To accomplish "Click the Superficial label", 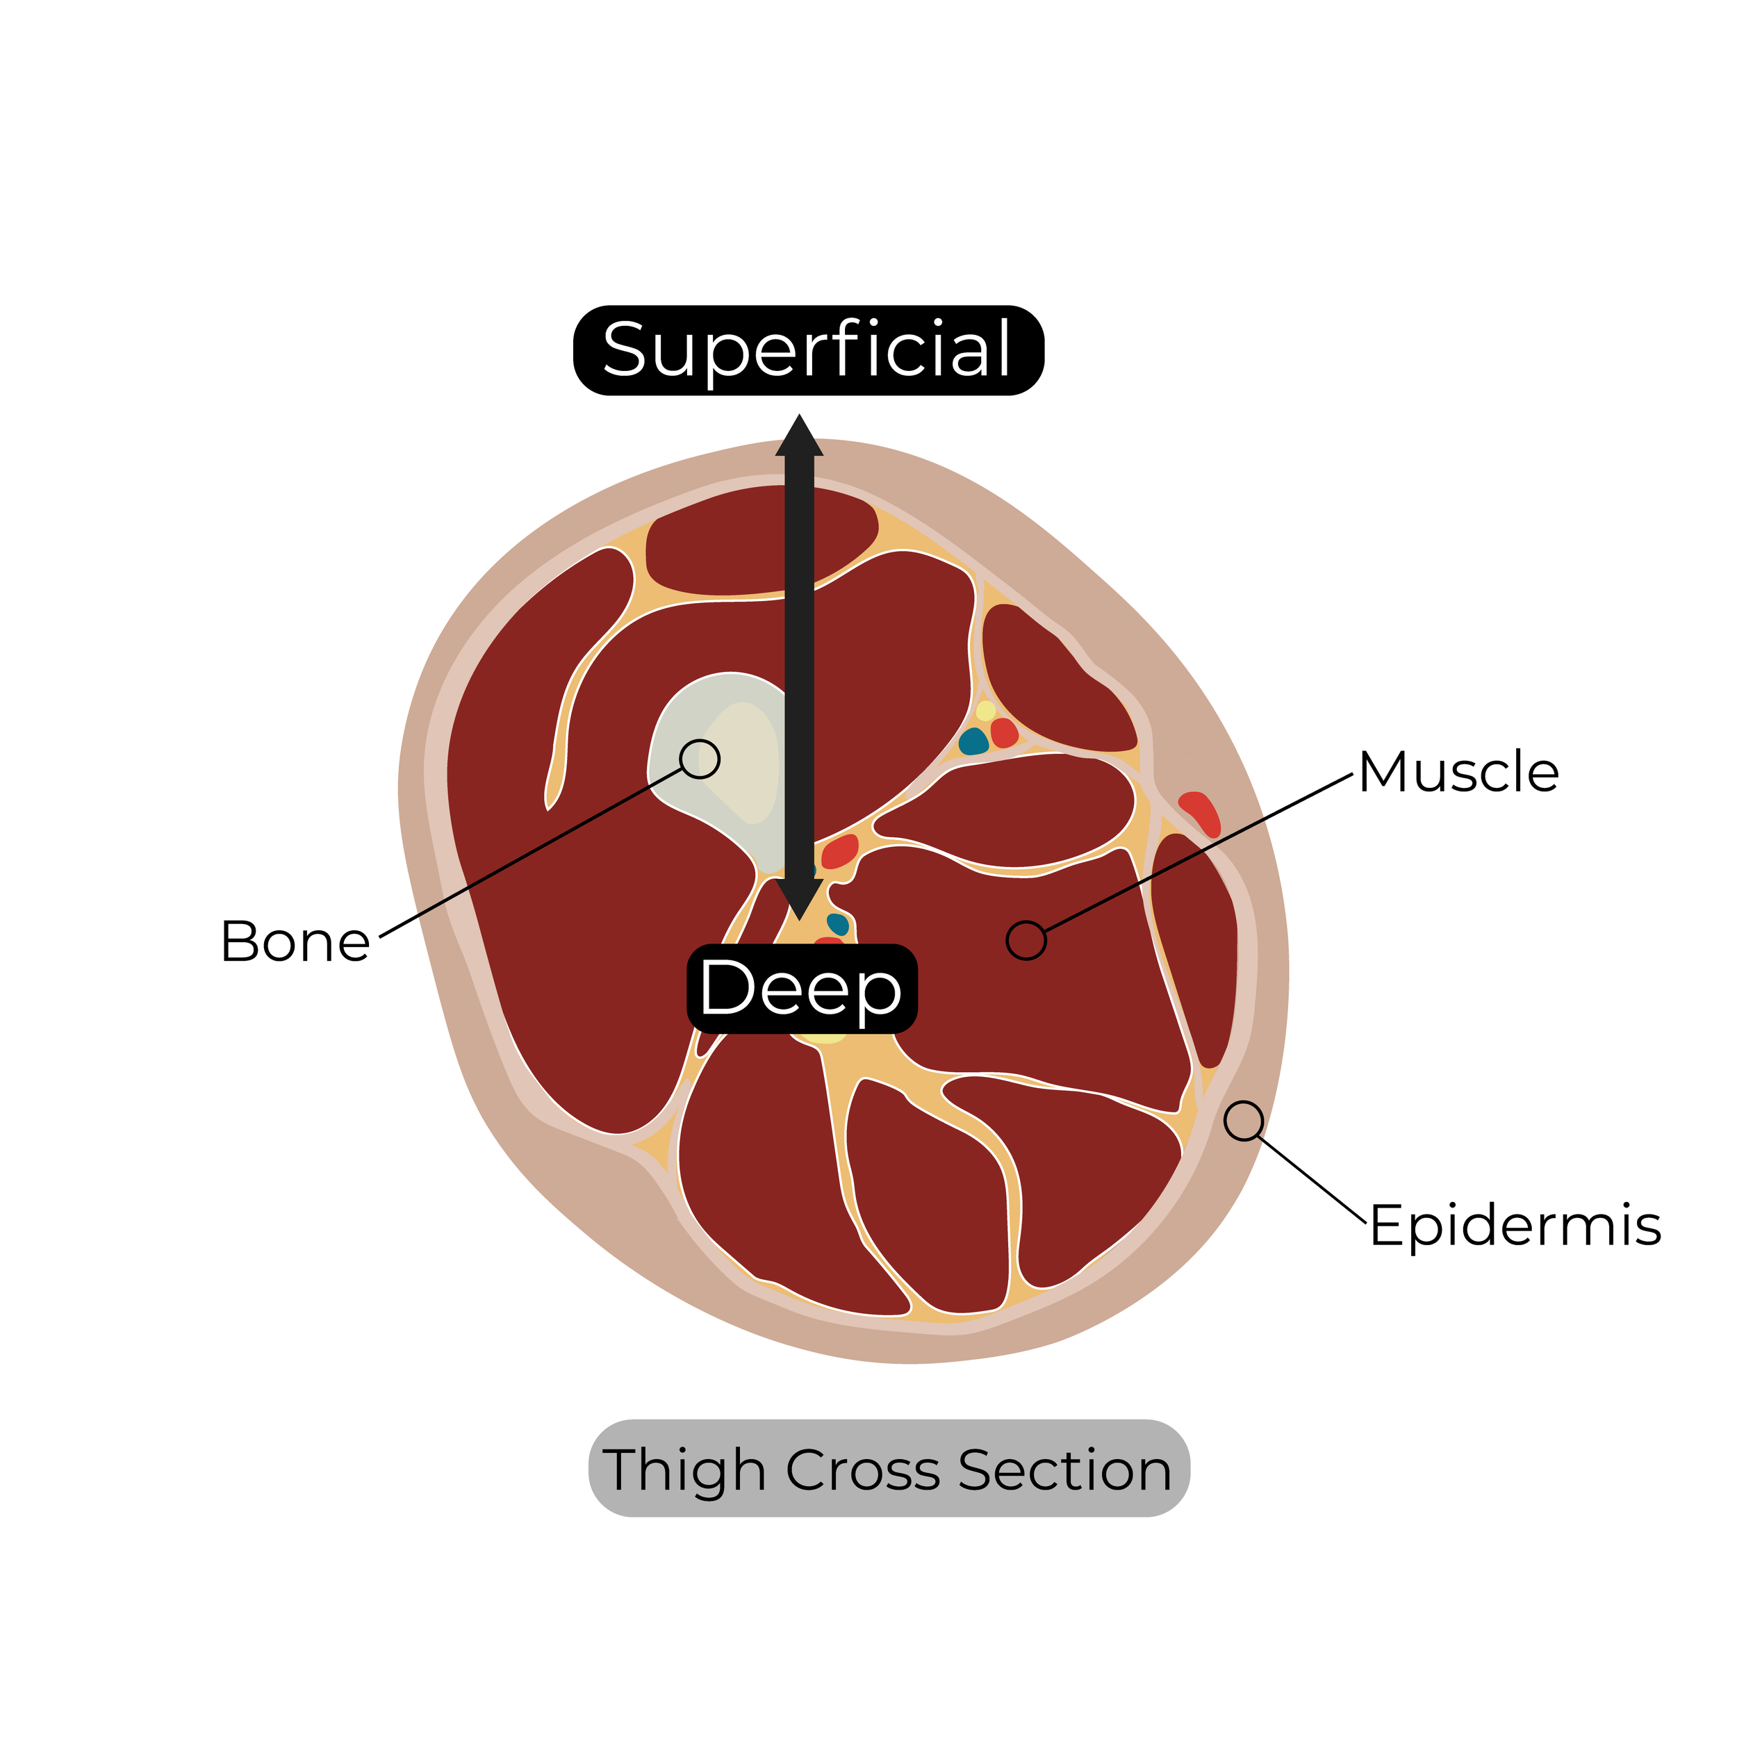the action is point(807,349).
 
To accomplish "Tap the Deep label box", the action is point(801,988).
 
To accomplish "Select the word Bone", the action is point(295,942).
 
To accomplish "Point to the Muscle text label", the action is point(1458,773).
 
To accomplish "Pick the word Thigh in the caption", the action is point(683,1471).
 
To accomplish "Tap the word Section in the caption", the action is point(1064,1471).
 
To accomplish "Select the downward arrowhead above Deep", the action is point(799,898).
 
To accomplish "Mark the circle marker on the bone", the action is point(700,759).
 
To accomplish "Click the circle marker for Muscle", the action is point(1026,941).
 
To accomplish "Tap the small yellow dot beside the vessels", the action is point(987,710).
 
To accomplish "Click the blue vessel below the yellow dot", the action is point(973,742).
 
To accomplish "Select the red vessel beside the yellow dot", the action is point(1004,733).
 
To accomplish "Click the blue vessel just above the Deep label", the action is point(838,923).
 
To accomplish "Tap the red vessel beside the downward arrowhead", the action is point(840,850).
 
